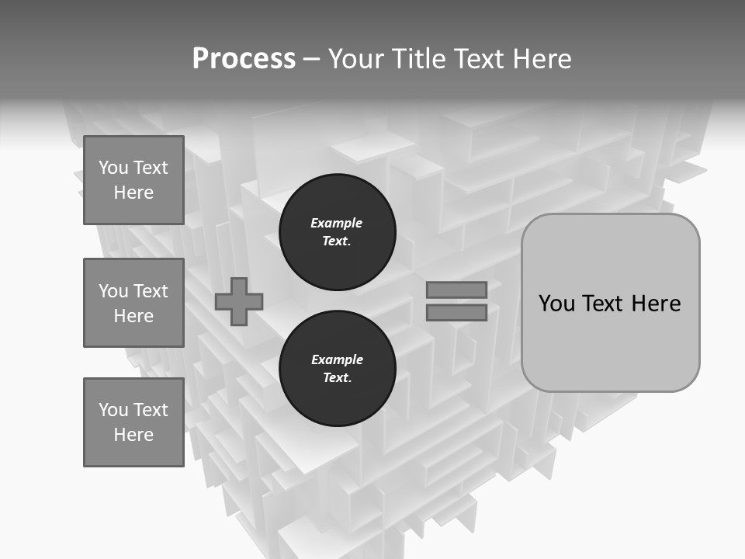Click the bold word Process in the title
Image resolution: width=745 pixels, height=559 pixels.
[x=244, y=59]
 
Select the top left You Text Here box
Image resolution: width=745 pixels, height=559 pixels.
[x=133, y=180]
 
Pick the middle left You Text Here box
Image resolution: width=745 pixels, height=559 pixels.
[x=133, y=303]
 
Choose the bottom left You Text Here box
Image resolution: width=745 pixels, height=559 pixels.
[x=133, y=422]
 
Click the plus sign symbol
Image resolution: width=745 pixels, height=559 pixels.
[x=239, y=301]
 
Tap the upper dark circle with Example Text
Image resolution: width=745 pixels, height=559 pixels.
[x=337, y=232]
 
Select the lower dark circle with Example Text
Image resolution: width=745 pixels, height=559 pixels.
[x=337, y=369]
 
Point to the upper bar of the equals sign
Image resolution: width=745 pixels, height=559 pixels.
[x=456, y=290]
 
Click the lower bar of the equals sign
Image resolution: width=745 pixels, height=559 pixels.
[x=456, y=312]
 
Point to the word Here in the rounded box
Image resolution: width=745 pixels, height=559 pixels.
[x=656, y=303]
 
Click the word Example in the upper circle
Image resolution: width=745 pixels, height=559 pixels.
[x=337, y=223]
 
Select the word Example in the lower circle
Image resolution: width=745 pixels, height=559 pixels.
[x=337, y=359]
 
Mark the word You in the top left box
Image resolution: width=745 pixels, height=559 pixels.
[x=113, y=168]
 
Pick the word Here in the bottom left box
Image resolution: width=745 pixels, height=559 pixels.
[x=133, y=435]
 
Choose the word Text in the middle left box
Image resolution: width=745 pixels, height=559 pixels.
[x=151, y=291]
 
